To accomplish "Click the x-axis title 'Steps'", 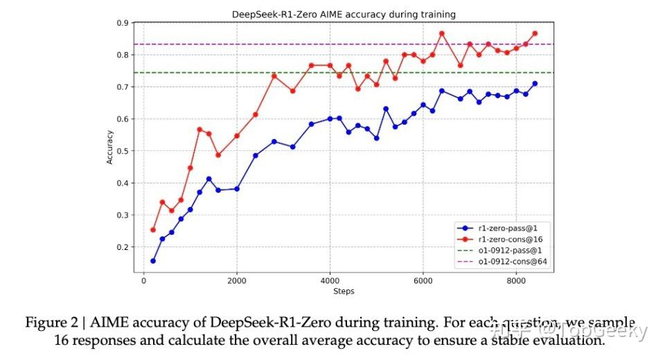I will pyautogui.click(x=343, y=291).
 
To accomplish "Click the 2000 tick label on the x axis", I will pyautogui.click(x=236, y=282).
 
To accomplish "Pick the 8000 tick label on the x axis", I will pyautogui.click(x=515, y=282).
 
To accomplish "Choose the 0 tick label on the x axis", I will pyautogui.click(x=143, y=282).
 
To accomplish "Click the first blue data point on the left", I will pyautogui.click(x=152, y=261).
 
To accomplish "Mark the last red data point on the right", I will pyautogui.click(x=535, y=33).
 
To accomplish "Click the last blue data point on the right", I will pyautogui.click(x=535, y=84).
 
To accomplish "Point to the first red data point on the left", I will pyautogui.click(x=152, y=230).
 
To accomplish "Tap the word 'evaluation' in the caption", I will pyautogui.click(x=565, y=341).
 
